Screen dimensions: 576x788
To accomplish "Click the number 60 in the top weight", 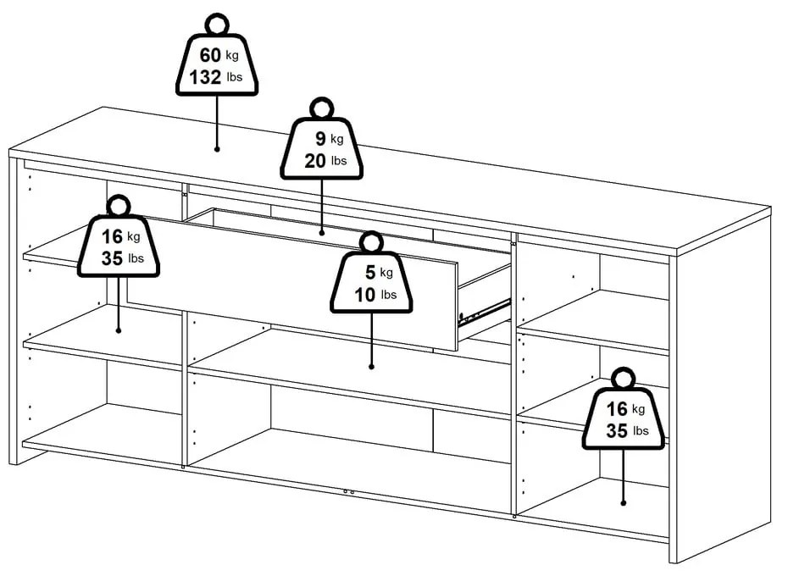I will coord(209,55).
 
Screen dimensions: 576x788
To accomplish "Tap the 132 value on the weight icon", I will coord(205,77).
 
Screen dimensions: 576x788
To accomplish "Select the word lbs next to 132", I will coord(234,79).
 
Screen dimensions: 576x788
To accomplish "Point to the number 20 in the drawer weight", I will coord(314,161).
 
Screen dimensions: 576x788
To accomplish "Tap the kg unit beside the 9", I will coord(336,140).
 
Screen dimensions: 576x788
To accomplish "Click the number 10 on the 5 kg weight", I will coord(365,295).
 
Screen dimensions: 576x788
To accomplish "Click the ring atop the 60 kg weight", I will coord(217,24).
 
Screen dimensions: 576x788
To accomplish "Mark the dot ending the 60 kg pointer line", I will coord(217,148).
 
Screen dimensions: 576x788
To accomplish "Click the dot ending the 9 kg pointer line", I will coord(322,231).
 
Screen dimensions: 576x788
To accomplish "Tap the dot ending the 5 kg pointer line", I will coord(371,366).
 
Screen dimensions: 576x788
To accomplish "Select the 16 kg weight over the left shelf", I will coord(117,246).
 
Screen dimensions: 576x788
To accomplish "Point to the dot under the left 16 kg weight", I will coord(118,330).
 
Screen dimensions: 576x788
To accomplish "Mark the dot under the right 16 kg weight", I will coord(623,502).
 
